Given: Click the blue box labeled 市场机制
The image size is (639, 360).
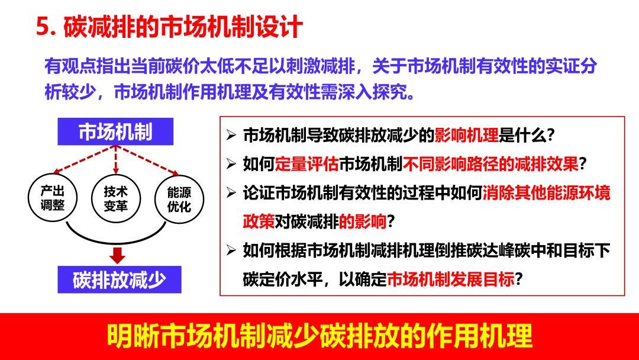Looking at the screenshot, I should coord(115,131).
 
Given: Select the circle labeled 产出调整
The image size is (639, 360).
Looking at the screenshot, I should coord(53,199).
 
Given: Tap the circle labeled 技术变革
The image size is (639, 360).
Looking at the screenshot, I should coord(115,199).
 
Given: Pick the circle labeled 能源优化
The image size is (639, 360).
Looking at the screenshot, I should coord(179,200).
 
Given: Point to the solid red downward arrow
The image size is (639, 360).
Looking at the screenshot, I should coord(117,255).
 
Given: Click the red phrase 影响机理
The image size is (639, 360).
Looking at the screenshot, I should coord(466,135).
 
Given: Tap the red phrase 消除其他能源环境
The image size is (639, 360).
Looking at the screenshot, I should coord(546,193).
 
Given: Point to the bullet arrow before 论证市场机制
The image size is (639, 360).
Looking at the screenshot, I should coord(231,193).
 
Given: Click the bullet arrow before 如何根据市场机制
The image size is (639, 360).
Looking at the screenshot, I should coord(231,250).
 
